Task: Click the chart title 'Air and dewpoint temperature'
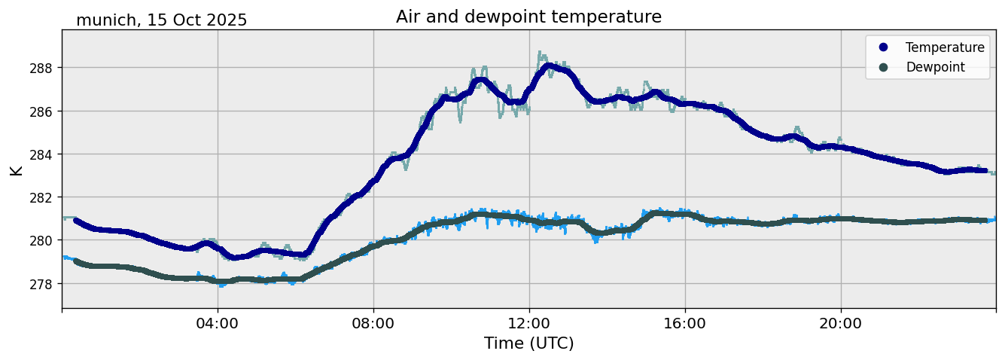point(528,17)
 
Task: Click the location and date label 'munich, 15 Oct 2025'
point(161,20)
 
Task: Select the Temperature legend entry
point(944,47)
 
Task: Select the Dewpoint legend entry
point(935,67)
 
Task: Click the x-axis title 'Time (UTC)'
point(528,343)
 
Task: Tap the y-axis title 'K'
point(17,169)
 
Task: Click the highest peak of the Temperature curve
point(549,66)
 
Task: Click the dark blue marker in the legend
point(883,47)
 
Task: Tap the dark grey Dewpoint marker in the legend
point(883,67)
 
